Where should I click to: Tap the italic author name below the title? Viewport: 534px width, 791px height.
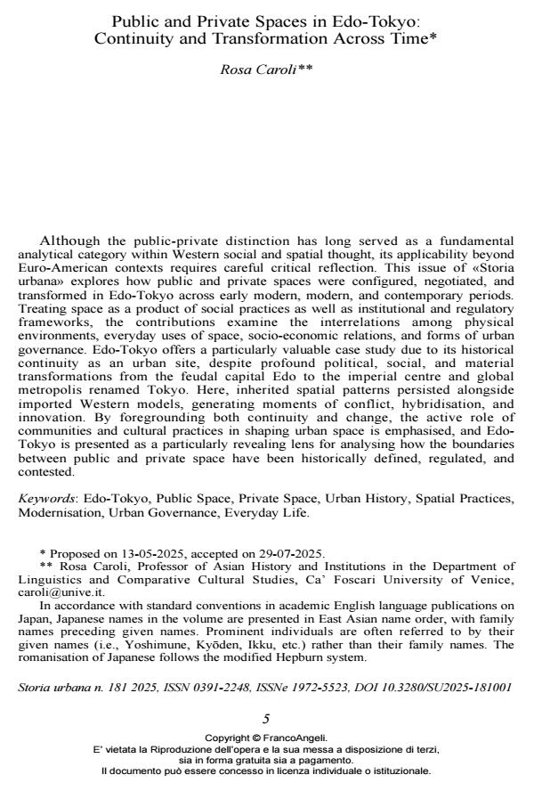pyautogui.click(x=266, y=69)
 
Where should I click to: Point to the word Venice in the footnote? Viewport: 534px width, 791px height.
pyautogui.click(x=494, y=579)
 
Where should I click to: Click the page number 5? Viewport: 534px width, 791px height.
pyautogui.click(x=266, y=718)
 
